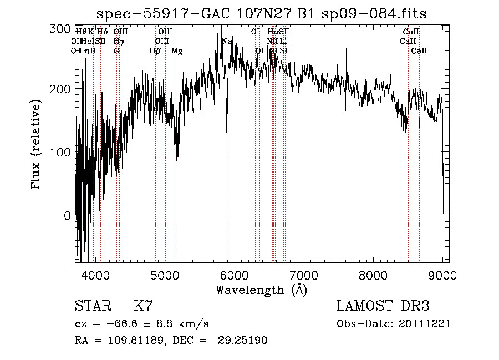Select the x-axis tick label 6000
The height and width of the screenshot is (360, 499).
pos(234,275)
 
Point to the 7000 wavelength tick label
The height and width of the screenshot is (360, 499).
pos(304,275)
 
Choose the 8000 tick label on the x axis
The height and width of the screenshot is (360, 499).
pos(373,275)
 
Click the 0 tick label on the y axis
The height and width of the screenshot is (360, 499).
pos(67,216)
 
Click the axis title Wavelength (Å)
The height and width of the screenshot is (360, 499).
pos(261,290)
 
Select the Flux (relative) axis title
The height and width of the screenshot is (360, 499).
pos(37,145)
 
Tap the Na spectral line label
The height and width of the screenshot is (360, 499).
pos(227,42)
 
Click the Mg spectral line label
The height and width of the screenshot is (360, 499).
pos(177,51)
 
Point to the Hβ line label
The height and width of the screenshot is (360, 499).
pos(155,51)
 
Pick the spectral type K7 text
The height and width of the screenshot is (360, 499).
pos(143,306)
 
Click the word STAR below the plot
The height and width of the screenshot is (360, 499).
pos(92,306)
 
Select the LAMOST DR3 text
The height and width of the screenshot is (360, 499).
pos(383,306)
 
